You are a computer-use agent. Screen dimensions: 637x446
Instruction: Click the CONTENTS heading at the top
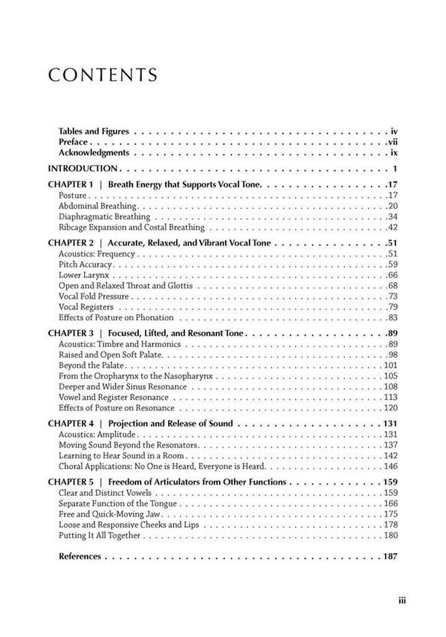(103, 75)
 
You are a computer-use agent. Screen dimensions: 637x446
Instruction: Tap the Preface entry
(74, 141)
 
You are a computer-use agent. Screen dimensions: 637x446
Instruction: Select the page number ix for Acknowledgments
(394, 152)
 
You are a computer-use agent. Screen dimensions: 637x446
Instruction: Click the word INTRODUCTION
(83, 168)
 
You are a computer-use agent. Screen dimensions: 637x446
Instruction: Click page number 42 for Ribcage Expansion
(392, 227)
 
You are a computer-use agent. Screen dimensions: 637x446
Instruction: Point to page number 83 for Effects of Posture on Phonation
(392, 317)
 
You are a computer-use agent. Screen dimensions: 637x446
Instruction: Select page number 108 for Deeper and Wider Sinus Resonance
(390, 387)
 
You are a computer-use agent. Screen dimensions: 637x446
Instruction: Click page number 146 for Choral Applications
(390, 466)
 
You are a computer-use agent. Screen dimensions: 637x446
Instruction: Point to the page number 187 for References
(390, 556)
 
